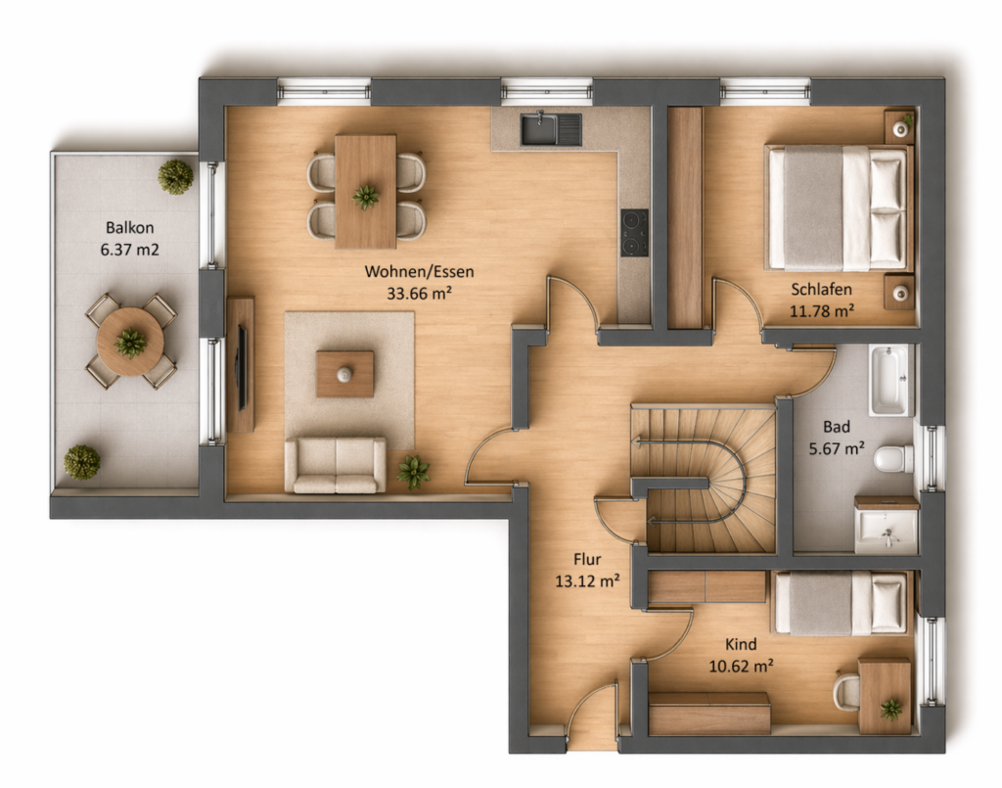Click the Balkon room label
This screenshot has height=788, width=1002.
[130, 227]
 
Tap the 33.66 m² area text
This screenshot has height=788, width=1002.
[419, 294]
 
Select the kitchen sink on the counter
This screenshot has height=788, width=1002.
[551, 128]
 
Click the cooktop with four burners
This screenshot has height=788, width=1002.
[634, 233]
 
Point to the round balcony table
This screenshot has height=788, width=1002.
[130, 342]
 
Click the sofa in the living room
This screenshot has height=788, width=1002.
[336, 465]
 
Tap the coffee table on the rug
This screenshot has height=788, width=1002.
[345, 374]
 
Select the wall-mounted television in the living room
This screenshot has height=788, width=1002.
[242, 367]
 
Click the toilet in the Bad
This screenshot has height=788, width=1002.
[893, 459]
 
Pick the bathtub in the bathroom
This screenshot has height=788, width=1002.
[888, 380]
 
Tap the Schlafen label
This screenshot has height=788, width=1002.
[821, 290]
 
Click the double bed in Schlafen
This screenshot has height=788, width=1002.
[839, 208]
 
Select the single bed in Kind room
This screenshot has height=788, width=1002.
[841, 603]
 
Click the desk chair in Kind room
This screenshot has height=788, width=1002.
[846, 690]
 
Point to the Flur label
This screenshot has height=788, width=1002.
[587, 560]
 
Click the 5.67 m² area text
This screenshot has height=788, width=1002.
[837, 448]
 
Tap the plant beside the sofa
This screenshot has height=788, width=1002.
[413, 472]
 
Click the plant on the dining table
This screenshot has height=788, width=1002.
[366, 197]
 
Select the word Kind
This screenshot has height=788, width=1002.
[741, 644]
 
